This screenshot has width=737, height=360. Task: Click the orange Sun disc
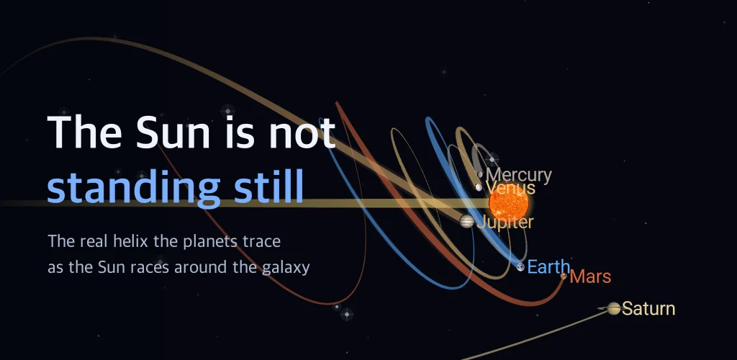(x=509, y=203)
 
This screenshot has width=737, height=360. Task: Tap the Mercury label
(x=518, y=175)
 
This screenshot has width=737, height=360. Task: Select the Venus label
(x=510, y=188)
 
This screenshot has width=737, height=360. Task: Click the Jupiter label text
(x=505, y=222)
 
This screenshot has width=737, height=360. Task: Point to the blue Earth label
(x=548, y=267)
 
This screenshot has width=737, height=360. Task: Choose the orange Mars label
(x=590, y=276)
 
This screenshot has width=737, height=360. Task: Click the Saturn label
(x=648, y=309)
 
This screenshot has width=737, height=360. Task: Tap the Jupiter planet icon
(x=466, y=221)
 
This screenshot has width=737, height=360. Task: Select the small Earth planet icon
(x=520, y=267)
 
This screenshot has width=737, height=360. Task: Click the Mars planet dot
(x=564, y=276)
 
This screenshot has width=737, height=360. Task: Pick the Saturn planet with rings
(x=613, y=308)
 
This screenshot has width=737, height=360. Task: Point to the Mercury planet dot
(x=480, y=174)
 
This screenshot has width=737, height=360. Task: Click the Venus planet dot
(x=479, y=187)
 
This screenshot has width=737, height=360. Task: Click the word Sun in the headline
(x=173, y=132)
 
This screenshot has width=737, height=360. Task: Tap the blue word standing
(x=133, y=187)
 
